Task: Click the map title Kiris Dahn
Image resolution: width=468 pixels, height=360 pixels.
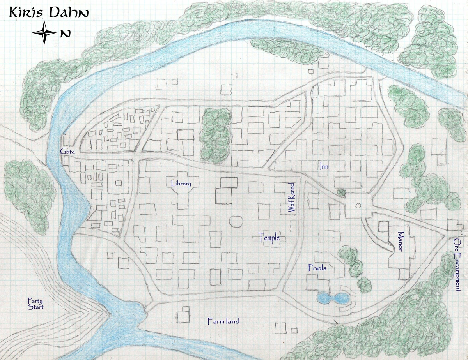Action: pos(49,12)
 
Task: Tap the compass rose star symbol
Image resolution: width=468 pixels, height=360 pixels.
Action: pos(45,33)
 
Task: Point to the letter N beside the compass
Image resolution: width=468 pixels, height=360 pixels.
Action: pos(66,34)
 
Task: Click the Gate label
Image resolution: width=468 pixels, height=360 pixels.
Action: pos(65,151)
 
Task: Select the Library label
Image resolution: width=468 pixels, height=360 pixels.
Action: pos(181,184)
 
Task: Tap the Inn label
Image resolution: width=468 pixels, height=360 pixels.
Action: pos(324,167)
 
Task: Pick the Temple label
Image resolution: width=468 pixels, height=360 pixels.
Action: pos(269,237)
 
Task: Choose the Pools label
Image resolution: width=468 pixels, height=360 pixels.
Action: pos(317,268)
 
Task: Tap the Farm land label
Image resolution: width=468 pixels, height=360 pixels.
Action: pos(223,321)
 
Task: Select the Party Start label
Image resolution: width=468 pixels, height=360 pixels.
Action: pos(35,304)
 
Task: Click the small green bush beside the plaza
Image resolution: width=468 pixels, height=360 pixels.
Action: pos(342,192)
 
